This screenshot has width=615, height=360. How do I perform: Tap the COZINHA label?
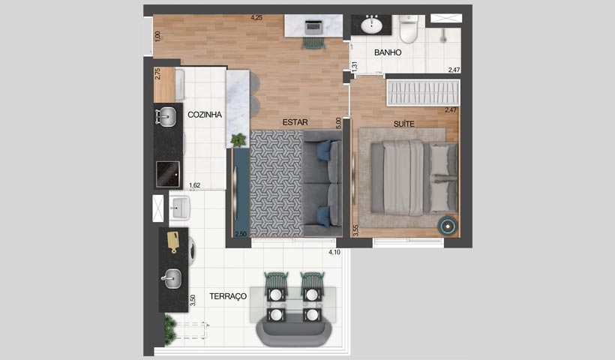(203, 115)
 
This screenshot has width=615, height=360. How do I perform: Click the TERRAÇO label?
(228, 297)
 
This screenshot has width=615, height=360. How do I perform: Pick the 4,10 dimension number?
(334, 253)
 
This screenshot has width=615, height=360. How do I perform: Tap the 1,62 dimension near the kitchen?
(194, 185)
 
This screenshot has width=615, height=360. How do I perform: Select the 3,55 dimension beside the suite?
(355, 230)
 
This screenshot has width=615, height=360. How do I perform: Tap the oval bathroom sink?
(371, 26)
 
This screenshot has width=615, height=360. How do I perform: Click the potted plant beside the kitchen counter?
(238, 139)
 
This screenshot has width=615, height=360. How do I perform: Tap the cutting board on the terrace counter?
(173, 242)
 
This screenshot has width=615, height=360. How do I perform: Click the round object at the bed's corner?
(448, 224)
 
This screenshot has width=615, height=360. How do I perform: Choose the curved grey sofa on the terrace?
(292, 330)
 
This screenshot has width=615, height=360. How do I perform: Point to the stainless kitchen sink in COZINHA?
(167, 116)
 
